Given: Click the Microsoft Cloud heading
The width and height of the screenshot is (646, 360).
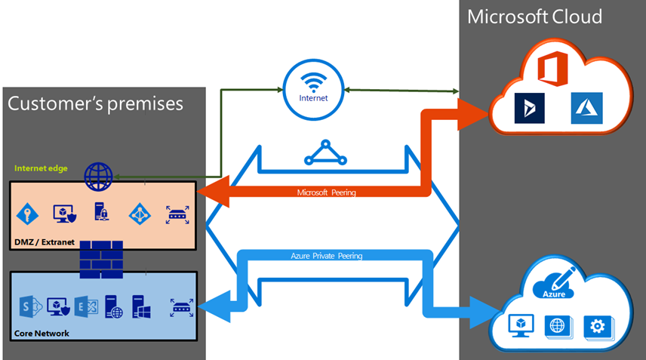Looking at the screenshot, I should pyautogui.click(x=534, y=17).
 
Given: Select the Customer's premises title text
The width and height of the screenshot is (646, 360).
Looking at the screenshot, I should pyautogui.click(x=95, y=103).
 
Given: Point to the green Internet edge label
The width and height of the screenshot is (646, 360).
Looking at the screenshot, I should pyautogui.click(x=44, y=168).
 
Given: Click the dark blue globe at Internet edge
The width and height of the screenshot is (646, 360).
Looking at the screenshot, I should pyautogui.click(x=98, y=177).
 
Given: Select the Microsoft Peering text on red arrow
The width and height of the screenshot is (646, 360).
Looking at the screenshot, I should pyautogui.click(x=328, y=193).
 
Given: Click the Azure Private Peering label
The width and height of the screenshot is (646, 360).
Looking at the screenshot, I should pyautogui.click(x=327, y=256).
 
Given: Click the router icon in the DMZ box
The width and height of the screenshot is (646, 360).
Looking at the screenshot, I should pyautogui.click(x=177, y=214).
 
